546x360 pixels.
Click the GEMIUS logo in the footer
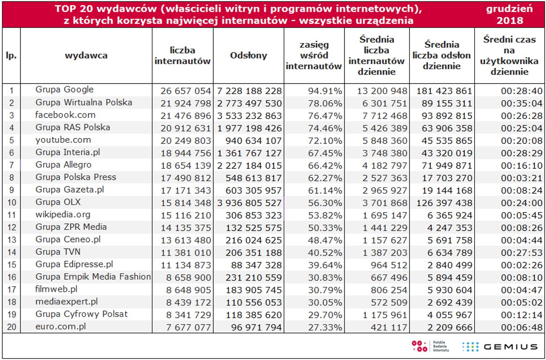click(499, 347)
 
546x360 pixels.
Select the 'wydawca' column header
click(86, 56)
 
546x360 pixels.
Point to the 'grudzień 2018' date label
click(509, 14)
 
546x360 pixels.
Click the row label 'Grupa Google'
click(64, 90)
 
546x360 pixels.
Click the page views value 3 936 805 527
click(249, 203)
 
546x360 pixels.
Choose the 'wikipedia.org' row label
click(63, 214)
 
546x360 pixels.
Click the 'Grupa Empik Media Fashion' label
click(93, 276)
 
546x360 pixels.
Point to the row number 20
click(11, 326)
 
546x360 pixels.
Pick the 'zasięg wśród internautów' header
click(314, 56)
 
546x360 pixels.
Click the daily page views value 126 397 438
click(443, 203)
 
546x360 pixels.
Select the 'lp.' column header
click(11, 56)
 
